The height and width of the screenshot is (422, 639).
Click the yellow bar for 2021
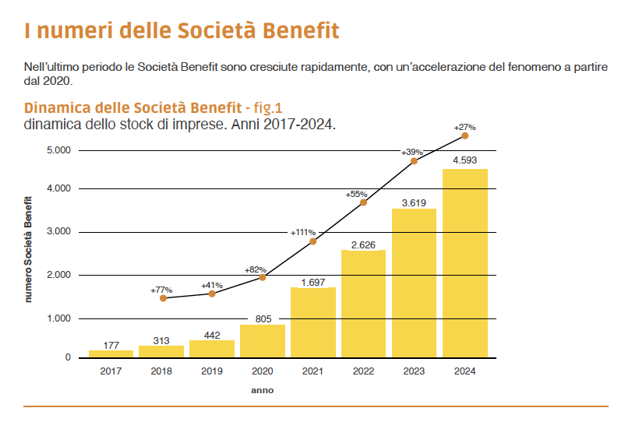point(312,322)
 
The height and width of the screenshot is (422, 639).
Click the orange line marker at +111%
point(313,241)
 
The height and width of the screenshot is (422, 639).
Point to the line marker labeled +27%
point(464,135)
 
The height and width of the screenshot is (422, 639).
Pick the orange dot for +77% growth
point(163,298)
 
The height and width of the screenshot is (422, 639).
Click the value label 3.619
point(414,202)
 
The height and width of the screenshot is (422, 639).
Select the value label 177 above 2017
point(111,345)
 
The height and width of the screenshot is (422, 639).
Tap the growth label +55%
point(357,194)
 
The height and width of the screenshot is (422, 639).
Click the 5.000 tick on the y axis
point(58,150)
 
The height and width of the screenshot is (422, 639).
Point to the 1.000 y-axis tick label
point(58,318)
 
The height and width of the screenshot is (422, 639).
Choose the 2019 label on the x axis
point(211,371)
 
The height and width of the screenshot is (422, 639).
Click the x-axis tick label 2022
point(363,371)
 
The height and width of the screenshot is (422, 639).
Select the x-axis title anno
point(262,390)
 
